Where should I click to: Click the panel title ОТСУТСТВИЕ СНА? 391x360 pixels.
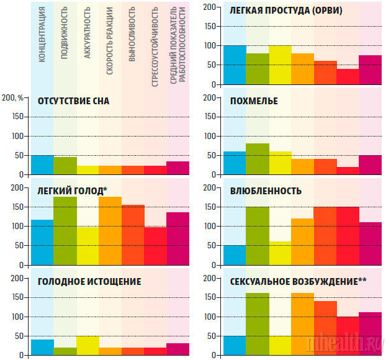coord(73,101)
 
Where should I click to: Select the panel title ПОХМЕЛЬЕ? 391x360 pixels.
coord(254,101)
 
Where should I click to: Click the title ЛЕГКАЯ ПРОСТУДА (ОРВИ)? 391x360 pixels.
coord(285,11)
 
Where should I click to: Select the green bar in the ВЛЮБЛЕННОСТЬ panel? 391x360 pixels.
coord(257,236)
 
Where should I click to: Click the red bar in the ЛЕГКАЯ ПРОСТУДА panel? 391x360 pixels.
coord(348,76)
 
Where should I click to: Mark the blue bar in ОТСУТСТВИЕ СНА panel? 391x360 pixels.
coord(42,165)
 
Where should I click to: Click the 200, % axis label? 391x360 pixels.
coord(14,97)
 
